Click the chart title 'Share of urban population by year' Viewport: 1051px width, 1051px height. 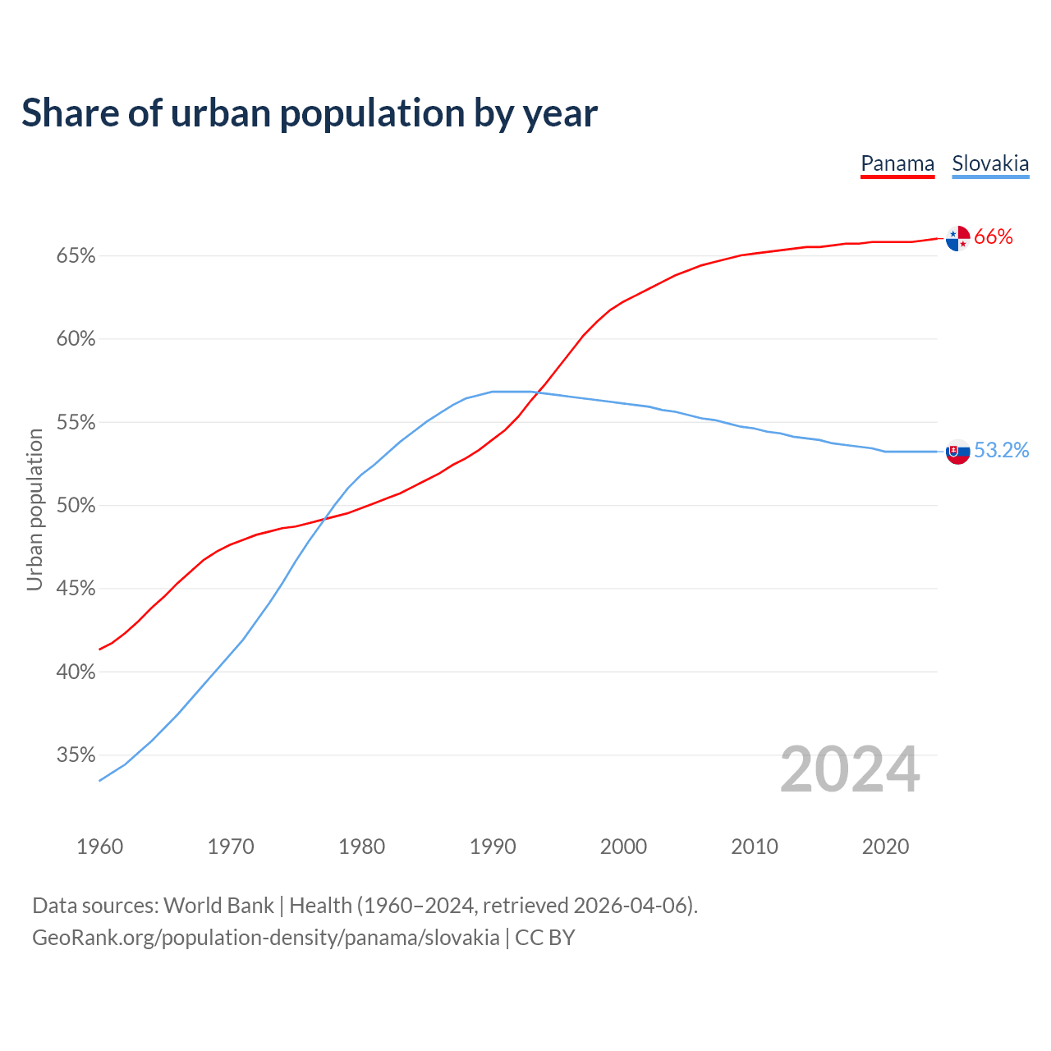pos(310,113)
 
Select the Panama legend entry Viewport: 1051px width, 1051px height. pos(897,164)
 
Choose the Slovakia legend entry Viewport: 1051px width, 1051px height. pos(990,164)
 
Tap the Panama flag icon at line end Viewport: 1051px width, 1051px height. pos(957,238)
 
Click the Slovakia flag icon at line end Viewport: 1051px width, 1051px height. pos(957,451)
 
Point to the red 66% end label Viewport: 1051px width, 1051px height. pos(994,237)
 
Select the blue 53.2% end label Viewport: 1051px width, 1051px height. pos(1002,450)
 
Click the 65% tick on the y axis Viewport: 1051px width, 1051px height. pos(76,256)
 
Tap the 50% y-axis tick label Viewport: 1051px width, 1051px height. pos(76,506)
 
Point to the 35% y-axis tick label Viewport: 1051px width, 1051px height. pos(76,755)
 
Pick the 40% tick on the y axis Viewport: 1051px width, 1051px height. pos(76,672)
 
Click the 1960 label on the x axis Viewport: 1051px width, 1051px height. pos(100,847)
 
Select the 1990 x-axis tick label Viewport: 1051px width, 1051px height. pos(493,847)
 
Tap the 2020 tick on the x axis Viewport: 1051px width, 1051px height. pos(885,847)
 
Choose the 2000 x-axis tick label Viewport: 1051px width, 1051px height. pos(624,847)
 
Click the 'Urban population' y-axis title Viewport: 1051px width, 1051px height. pos(34,509)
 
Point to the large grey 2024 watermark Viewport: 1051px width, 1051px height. pos(850,770)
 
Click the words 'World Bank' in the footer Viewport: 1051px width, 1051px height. pos(218,906)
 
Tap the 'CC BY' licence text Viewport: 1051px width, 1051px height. pos(545,938)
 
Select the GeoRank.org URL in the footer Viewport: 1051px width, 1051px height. pos(265,938)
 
